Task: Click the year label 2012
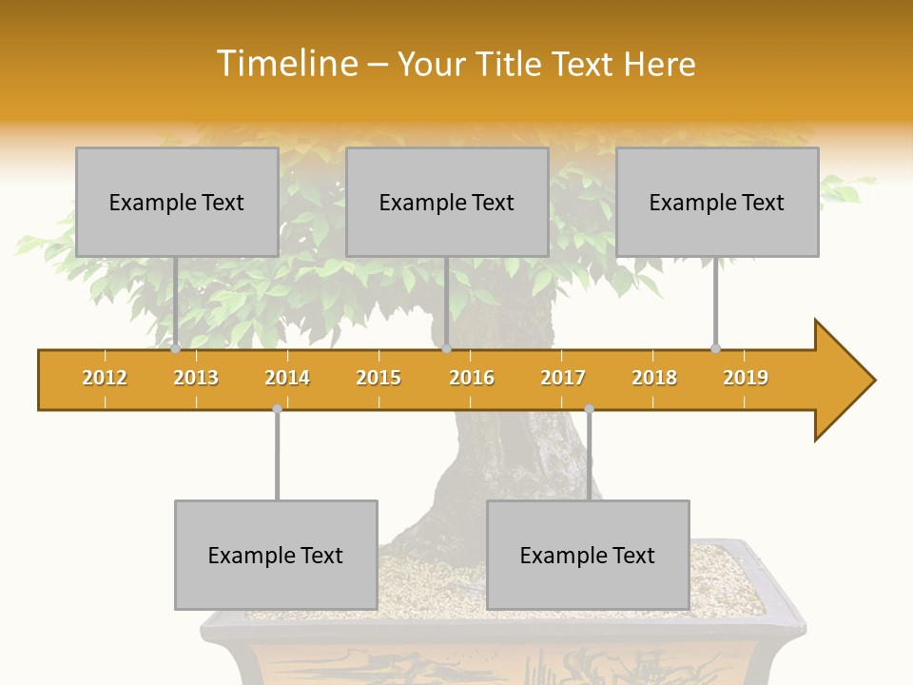(105, 378)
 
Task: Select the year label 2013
(196, 378)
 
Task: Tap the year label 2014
(287, 378)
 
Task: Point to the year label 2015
(379, 378)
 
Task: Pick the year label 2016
(472, 378)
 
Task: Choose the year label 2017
(563, 378)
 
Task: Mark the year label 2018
(654, 378)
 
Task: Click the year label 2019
(746, 378)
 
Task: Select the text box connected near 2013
(177, 202)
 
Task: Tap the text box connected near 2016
(447, 202)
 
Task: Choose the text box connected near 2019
(717, 202)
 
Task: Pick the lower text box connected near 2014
(276, 555)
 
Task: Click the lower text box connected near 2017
(588, 555)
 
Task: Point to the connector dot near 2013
(176, 349)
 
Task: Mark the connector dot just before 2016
(446, 349)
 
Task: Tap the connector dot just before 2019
(716, 349)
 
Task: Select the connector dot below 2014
(277, 409)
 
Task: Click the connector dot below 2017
(589, 409)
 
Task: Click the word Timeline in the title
(286, 64)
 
